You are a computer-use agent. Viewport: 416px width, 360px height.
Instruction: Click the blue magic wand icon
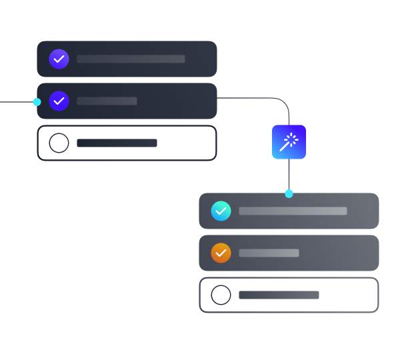point(289,142)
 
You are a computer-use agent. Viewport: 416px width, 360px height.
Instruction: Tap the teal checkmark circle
point(221,211)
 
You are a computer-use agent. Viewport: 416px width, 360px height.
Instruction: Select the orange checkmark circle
point(221,253)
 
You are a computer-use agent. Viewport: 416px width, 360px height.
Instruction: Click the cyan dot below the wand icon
point(289,193)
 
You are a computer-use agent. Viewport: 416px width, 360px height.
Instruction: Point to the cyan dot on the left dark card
point(37,102)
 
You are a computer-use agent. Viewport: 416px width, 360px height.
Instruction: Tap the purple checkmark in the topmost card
point(59,59)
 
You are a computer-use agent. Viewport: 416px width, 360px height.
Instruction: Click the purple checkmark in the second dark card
point(59,101)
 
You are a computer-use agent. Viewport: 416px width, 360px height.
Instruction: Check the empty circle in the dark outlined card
point(59,143)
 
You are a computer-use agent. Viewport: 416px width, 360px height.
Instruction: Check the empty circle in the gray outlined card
point(221,295)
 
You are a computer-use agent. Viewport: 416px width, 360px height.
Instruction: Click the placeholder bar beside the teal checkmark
point(293,211)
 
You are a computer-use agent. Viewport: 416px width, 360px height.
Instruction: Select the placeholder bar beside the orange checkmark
point(269,253)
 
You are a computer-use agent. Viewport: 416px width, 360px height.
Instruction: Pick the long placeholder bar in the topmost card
point(131,59)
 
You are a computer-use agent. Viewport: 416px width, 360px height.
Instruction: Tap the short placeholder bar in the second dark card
point(107,101)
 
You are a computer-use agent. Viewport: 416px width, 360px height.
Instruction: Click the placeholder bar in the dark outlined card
point(117,143)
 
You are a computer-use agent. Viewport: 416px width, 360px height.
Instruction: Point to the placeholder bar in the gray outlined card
point(279,295)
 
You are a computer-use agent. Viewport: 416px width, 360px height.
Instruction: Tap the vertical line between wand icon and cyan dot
point(289,175)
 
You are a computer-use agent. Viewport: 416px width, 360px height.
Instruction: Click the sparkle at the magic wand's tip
point(293,138)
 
